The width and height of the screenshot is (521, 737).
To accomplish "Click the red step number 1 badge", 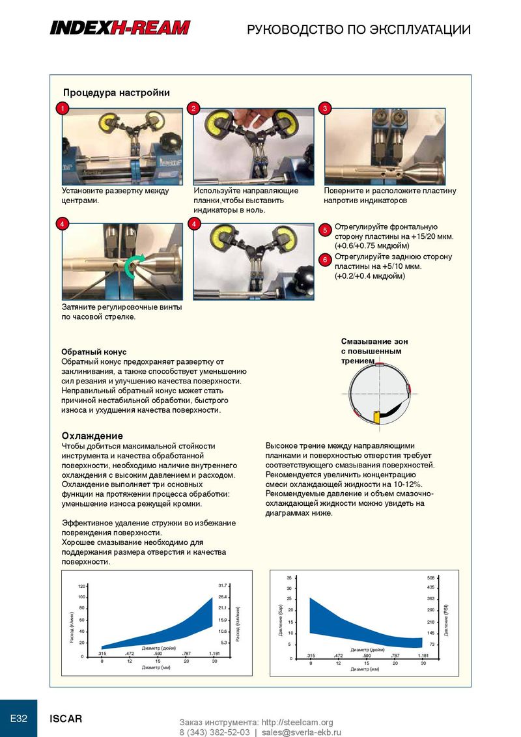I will (62, 109).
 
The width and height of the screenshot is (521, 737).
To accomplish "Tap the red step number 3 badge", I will (325, 109).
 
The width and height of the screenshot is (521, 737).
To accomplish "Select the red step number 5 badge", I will (326, 230).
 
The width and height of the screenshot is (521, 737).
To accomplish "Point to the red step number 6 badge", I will (326, 260).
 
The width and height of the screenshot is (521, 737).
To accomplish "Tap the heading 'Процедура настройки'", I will (116, 92).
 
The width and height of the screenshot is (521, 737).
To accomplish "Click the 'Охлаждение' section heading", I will (92, 436).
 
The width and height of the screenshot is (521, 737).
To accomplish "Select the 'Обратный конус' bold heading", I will (94, 352).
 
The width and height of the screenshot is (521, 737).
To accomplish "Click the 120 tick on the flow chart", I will (81, 587).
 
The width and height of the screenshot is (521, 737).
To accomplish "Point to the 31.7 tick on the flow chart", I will (222, 585).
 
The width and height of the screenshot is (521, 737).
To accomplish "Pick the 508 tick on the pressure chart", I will (430, 577).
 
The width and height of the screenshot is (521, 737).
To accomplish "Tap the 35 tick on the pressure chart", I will (289, 577).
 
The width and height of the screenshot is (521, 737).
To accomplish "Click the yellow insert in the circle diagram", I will (376, 414).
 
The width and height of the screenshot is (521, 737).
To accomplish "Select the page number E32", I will (18, 719).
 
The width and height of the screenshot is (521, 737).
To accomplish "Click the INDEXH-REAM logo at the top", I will (120, 27).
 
